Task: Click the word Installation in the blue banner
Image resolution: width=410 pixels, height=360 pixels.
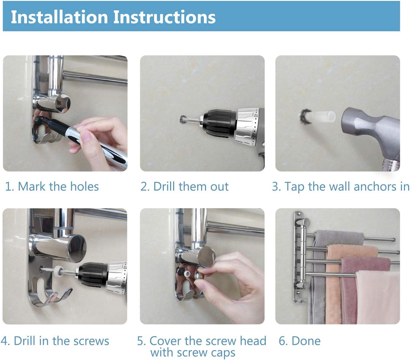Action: [59, 17]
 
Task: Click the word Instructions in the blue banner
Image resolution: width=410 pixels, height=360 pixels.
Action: [164, 17]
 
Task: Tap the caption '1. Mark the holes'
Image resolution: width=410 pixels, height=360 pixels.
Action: [52, 186]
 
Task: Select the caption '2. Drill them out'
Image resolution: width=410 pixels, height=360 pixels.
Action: [184, 186]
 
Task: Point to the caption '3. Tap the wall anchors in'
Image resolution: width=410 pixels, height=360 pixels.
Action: [341, 187]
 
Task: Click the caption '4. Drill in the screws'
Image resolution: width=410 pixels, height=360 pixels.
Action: [55, 341]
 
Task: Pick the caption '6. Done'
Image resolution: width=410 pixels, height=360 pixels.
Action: [300, 341]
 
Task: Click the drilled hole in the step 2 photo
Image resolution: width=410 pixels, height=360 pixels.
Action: [183, 119]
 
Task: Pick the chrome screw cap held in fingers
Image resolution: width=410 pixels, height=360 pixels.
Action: [199, 276]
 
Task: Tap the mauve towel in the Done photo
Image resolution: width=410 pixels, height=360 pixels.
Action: [352, 289]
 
